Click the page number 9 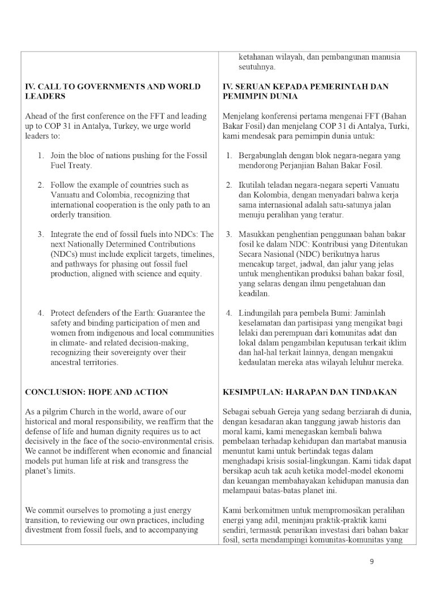372,562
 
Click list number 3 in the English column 41,234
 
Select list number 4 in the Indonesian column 229,313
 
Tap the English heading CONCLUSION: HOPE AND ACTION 96,392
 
